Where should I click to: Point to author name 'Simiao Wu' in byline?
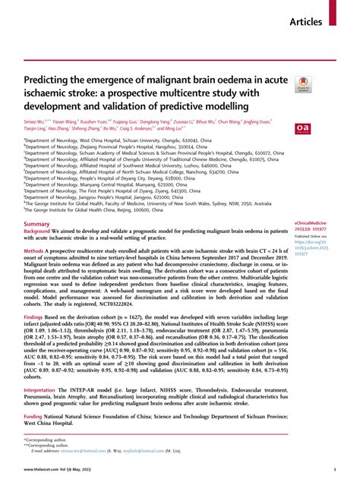coord(36,120)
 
